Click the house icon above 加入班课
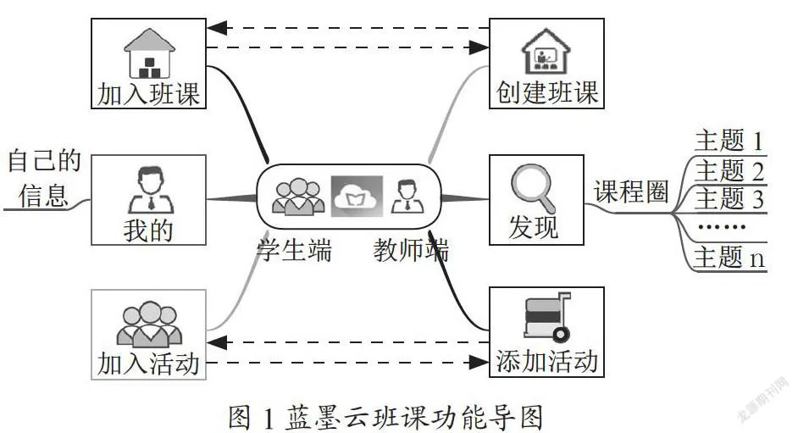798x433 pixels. (x=149, y=53)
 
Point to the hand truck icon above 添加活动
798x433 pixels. (x=547, y=316)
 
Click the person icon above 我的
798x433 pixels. (x=151, y=189)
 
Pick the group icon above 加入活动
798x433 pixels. (x=149, y=324)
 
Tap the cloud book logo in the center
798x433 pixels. (x=357, y=196)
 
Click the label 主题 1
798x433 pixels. (x=729, y=140)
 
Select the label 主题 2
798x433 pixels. (x=729, y=170)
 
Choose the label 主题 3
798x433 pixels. (x=729, y=198)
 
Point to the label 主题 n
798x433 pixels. (x=729, y=257)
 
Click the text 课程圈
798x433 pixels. (x=631, y=192)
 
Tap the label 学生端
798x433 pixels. (x=294, y=250)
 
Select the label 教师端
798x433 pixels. (x=411, y=250)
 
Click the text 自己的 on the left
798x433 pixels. (x=44, y=160)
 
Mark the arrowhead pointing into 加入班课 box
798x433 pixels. (x=217, y=28)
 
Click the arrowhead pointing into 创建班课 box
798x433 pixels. (x=479, y=47)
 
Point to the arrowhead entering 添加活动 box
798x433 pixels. (x=479, y=363)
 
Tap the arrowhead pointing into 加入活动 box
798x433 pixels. (x=217, y=342)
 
